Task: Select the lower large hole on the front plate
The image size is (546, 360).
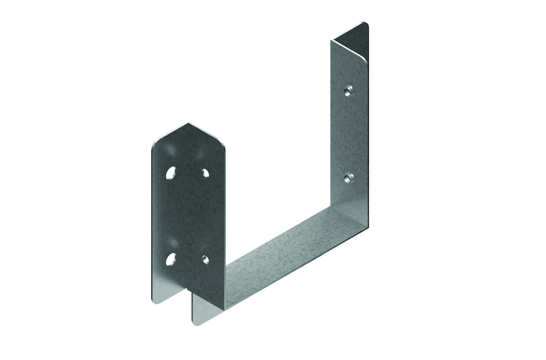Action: click(171, 259)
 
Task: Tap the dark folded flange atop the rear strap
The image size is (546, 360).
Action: click(351, 37)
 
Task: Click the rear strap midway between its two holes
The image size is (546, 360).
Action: click(350, 134)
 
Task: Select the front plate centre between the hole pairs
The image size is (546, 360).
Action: click(187, 215)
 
